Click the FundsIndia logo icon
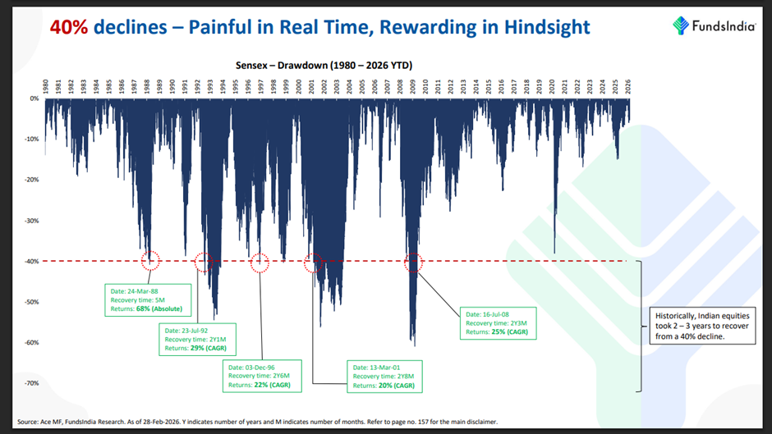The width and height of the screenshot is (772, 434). coord(681,25)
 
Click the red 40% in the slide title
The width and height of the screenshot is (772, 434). coord(69,27)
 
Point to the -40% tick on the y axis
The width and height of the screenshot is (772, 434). coord(30,262)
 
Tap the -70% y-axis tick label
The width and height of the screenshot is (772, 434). coord(30,383)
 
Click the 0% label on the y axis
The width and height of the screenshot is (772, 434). coord(34,98)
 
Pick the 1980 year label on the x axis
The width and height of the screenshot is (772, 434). coord(45,84)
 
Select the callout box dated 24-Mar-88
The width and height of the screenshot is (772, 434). coord(149,299)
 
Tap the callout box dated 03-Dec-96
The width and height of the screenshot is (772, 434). coord(260,373)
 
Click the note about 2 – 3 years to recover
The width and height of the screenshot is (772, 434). coord(690,326)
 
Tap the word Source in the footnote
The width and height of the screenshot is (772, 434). coord(27,422)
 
